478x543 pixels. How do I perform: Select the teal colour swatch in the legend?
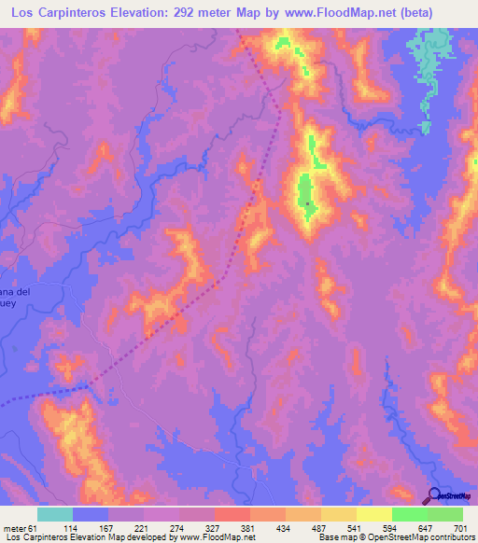(x=55, y=514)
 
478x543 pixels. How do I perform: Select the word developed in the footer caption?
(x=148, y=538)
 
